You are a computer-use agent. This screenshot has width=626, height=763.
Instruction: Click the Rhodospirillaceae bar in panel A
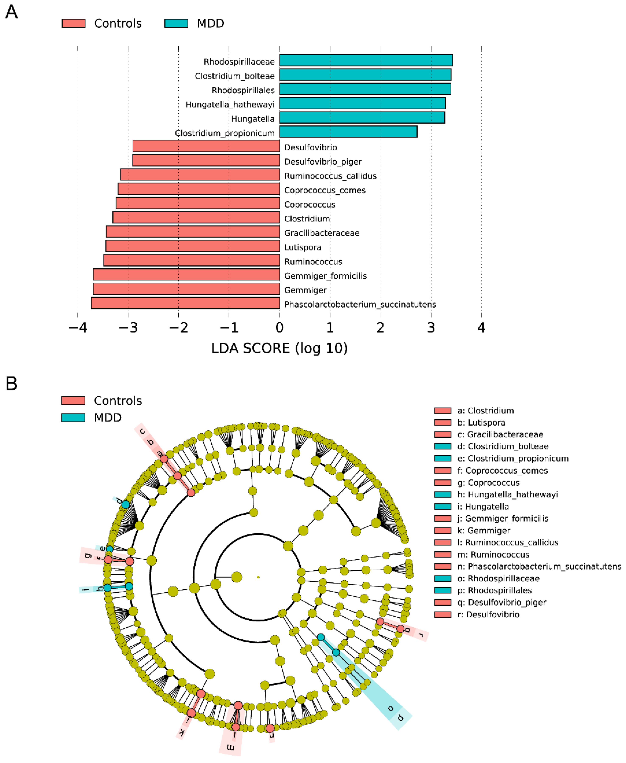point(366,60)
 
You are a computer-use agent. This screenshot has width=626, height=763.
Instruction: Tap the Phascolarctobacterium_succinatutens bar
point(185,303)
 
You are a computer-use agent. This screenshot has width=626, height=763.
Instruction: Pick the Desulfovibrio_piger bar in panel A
point(206,160)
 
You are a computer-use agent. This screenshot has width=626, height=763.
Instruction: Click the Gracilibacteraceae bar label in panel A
point(322,233)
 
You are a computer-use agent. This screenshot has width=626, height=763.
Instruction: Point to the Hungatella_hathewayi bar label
point(230,105)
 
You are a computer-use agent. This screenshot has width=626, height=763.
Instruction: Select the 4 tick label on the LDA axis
point(481,327)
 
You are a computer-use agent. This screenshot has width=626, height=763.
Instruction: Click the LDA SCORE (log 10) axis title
point(279,348)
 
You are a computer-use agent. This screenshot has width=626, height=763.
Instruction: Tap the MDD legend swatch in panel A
point(176,23)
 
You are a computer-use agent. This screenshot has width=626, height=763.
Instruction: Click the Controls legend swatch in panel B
point(73,400)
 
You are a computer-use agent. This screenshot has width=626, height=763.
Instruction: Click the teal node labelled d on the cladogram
point(126,504)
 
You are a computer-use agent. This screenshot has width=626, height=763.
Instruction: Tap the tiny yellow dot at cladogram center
point(258,577)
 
